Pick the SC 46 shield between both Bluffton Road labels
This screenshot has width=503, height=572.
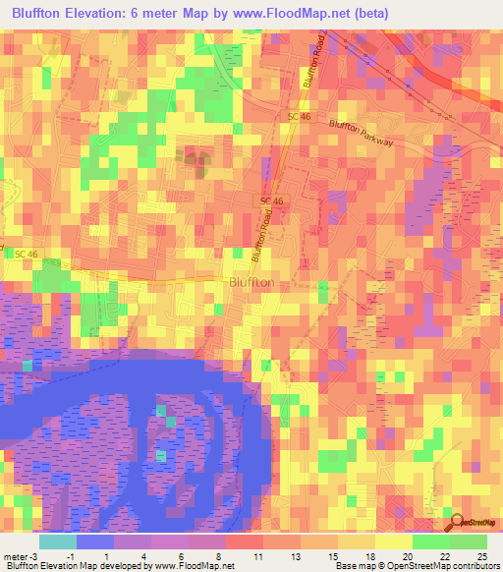(x=272, y=200)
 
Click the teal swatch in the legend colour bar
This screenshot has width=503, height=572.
(x=57, y=542)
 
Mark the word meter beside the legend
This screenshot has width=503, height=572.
(x=14, y=555)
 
